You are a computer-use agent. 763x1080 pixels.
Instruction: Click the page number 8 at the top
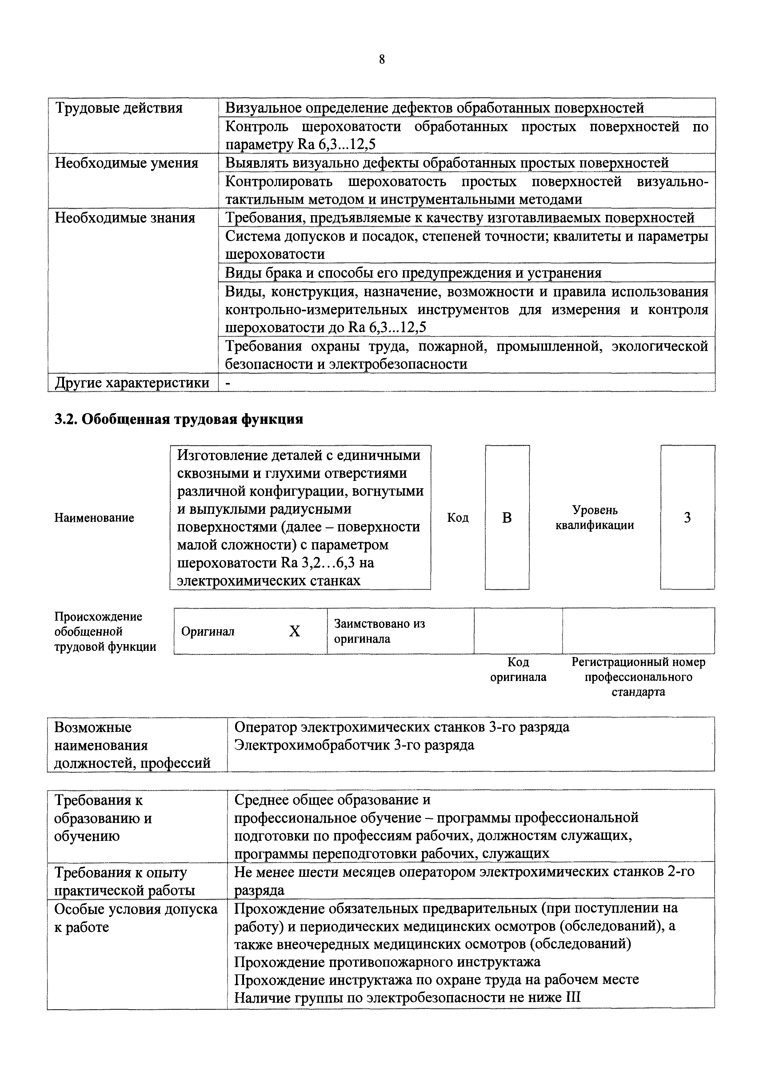[381, 60]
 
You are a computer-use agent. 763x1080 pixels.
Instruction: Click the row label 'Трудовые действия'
[119, 108]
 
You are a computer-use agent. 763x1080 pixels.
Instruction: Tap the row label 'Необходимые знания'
[125, 218]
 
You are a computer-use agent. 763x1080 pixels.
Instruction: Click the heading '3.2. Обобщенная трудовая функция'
[179, 419]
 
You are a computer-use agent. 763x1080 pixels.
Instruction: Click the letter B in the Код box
[507, 518]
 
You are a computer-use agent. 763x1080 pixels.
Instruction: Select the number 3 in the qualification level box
[687, 518]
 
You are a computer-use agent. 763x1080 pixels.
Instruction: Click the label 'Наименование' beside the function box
[94, 518]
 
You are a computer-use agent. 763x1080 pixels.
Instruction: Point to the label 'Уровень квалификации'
[595, 518]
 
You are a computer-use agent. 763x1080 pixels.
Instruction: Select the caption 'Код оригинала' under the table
[518, 670]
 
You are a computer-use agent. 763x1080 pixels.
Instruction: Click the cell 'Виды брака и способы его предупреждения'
[413, 273]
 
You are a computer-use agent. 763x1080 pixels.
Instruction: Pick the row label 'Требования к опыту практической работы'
[125, 881]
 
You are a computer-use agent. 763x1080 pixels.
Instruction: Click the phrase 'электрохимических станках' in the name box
[269, 580]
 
